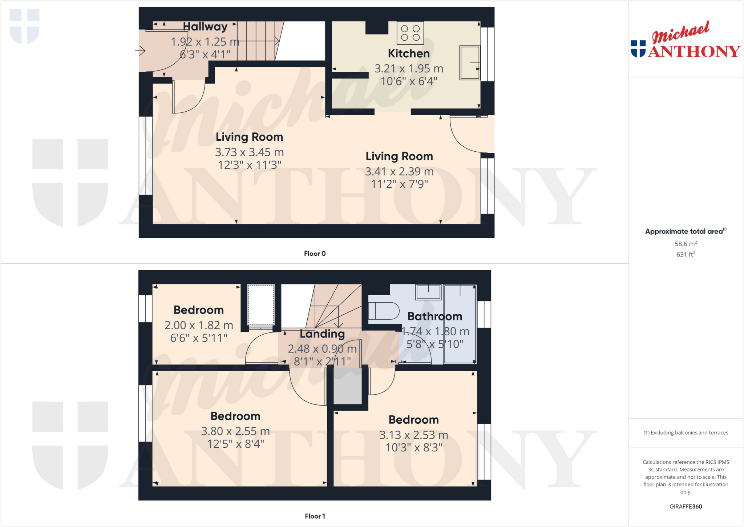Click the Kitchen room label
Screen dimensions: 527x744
pyautogui.click(x=409, y=53)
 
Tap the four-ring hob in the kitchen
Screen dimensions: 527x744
pyautogui.click(x=410, y=33)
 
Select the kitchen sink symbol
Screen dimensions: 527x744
pyautogui.click(x=469, y=63)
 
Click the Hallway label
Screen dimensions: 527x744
pyautogui.click(x=205, y=27)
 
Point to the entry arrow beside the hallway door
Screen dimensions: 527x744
pyautogui.click(x=141, y=51)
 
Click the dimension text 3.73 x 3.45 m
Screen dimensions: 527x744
pyautogui.click(x=249, y=152)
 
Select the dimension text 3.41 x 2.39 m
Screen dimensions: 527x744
pyautogui.click(x=399, y=171)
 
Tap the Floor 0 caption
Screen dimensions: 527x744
pyautogui.click(x=315, y=253)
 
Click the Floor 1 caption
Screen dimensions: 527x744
pyautogui.click(x=315, y=516)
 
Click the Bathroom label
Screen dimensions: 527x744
pyautogui.click(x=434, y=316)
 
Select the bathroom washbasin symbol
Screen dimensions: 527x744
pyautogui.click(x=429, y=292)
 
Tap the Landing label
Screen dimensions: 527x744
pyautogui.click(x=322, y=334)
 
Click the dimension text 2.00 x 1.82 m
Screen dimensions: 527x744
pyautogui.click(x=199, y=325)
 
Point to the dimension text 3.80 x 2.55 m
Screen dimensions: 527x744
pyautogui.click(x=235, y=431)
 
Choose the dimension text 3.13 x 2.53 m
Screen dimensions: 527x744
pyautogui.click(x=414, y=435)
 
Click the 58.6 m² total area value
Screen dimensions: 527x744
pyautogui.click(x=686, y=244)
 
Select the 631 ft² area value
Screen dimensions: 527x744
pyautogui.click(x=686, y=254)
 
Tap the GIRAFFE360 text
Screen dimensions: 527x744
pyautogui.click(x=686, y=506)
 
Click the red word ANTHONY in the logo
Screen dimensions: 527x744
pyautogui.click(x=694, y=51)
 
